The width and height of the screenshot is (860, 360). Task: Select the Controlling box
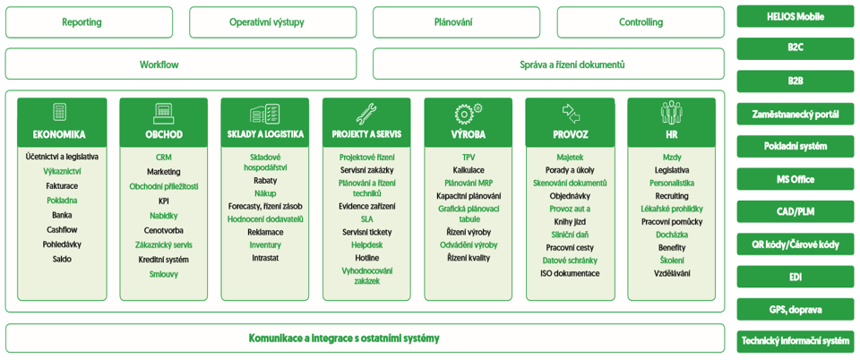[641, 22]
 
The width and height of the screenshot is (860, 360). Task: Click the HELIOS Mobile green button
[795, 16]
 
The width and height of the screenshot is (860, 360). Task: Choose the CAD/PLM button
[795, 211]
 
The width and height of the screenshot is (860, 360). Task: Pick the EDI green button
[795, 277]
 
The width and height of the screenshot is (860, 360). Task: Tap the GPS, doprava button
[795, 310]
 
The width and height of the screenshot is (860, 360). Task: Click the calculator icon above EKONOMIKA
[59, 112]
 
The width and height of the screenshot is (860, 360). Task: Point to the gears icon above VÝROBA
[468, 112]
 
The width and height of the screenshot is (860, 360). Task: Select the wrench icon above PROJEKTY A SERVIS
[366, 112]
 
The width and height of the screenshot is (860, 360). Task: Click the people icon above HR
[671, 112]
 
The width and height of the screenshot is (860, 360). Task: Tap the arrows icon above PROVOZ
[571, 112]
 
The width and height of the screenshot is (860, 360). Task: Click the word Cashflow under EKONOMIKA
[59, 229]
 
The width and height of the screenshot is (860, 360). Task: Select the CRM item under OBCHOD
[163, 158]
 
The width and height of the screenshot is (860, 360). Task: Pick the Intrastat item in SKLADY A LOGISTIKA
[265, 258]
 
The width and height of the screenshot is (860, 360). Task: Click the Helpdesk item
[367, 245]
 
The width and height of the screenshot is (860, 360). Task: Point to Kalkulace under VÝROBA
[469, 170]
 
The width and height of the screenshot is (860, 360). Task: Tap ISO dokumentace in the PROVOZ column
[570, 273]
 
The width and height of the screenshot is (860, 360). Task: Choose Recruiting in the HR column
[672, 195]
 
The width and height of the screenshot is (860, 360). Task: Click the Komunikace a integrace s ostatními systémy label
[344, 339]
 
